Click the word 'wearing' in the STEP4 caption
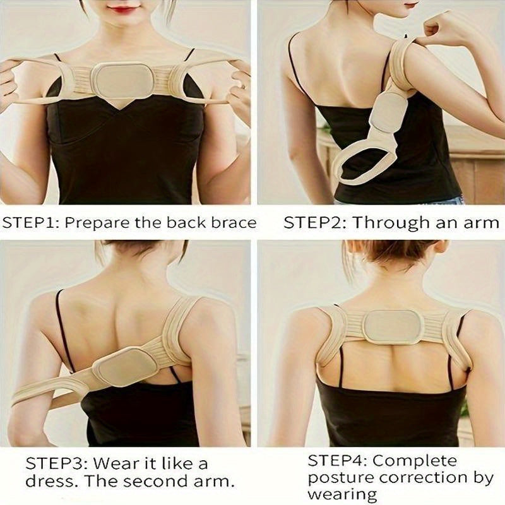click(342, 494)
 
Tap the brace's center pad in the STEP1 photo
click(121, 79)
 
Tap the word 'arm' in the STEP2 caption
click(481, 223)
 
